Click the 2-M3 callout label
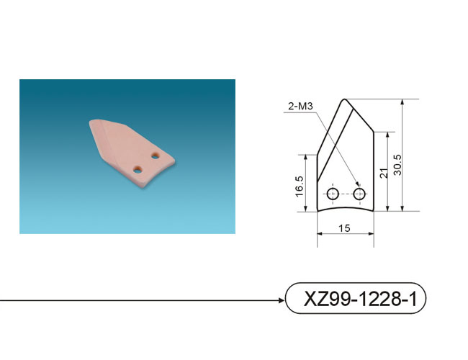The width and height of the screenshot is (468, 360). [300, 106]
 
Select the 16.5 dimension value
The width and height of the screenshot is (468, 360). [300, 186]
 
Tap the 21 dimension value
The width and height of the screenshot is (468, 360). [384, 174]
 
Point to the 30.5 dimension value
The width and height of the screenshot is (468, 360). [397, 165]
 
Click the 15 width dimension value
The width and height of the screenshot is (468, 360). [344, 228]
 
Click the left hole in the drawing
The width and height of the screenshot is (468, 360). [333, 194]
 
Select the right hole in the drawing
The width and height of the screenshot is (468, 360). [359, 194]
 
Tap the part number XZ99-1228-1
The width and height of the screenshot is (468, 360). [360, 299]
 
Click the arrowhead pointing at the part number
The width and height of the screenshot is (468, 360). [282, 300]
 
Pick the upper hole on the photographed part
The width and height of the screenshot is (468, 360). [155, 156]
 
